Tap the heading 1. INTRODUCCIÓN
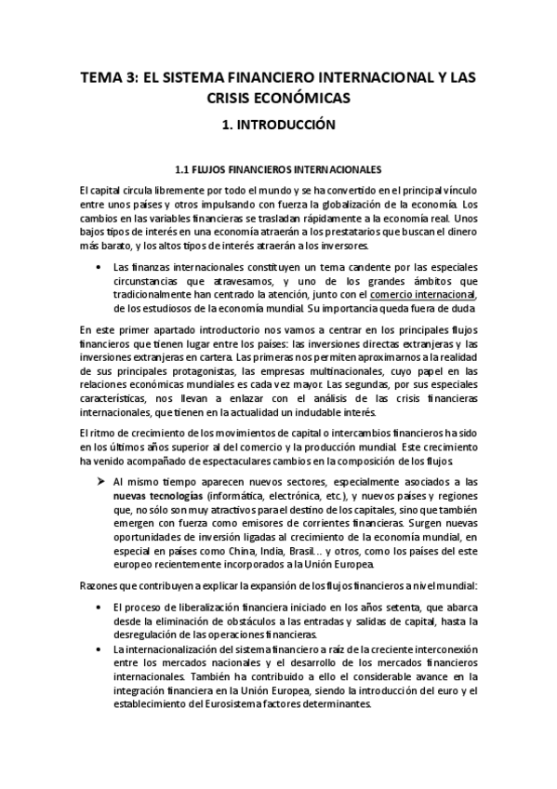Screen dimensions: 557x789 278,125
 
